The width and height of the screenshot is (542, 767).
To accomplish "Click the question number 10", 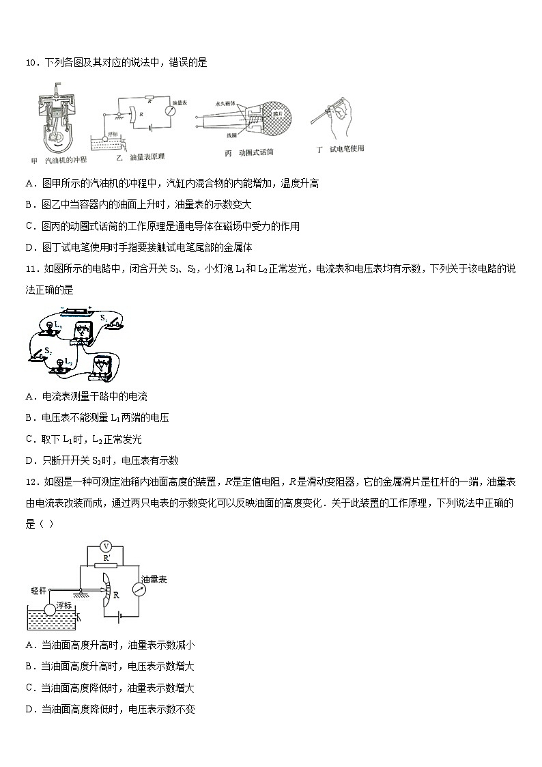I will (30, 63).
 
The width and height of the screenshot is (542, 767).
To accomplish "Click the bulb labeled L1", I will (48, 331).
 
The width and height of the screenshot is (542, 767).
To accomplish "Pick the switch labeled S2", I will (39, 355).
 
